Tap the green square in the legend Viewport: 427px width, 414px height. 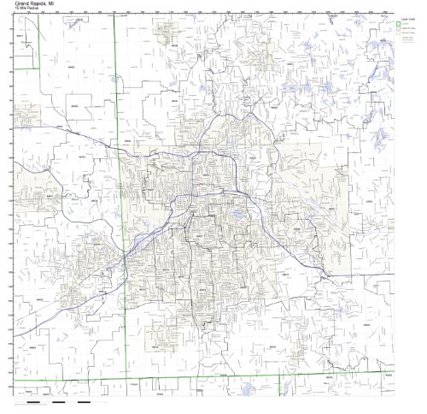396,23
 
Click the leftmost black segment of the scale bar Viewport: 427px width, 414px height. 33,401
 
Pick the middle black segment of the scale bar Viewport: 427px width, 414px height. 59,401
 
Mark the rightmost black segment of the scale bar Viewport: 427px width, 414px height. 84,401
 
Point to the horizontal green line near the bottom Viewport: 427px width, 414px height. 256,376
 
